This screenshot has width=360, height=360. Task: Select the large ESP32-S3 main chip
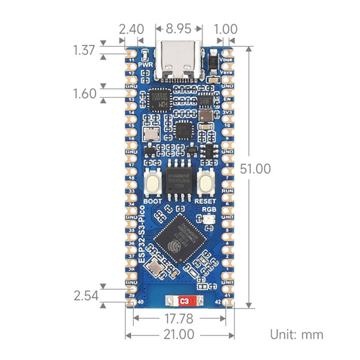[180, 239]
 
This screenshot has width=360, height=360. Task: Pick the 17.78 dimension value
[179, 317]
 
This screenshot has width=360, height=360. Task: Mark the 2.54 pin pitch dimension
[85, 295]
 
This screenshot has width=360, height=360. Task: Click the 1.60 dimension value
[85, 94]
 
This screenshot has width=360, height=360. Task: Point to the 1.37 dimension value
[85, 50]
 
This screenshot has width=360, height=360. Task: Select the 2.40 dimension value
[131, 28]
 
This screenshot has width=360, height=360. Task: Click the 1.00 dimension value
[226, 28]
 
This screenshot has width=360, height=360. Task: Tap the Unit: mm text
[296, 334]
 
